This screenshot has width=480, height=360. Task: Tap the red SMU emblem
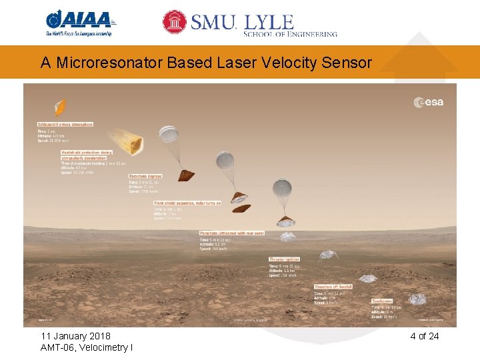click(175, 22)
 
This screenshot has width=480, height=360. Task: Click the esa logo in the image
click(428, 102)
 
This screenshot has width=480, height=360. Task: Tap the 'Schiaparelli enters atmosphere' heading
click(65, 124)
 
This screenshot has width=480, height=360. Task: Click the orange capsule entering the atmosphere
click(60, 106)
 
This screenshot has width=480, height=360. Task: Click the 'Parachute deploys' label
click(145, 177)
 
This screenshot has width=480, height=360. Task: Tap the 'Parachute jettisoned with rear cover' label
click(231, 233)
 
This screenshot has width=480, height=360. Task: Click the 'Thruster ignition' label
click(284, 259)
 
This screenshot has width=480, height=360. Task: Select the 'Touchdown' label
click(382, 301)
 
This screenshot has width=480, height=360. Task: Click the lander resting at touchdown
click(417, 299)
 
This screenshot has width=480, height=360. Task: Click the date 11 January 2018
click(75, 336)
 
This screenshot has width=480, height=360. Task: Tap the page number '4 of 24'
click(424, 336)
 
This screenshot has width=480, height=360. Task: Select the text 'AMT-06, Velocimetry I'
click(86, 348)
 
